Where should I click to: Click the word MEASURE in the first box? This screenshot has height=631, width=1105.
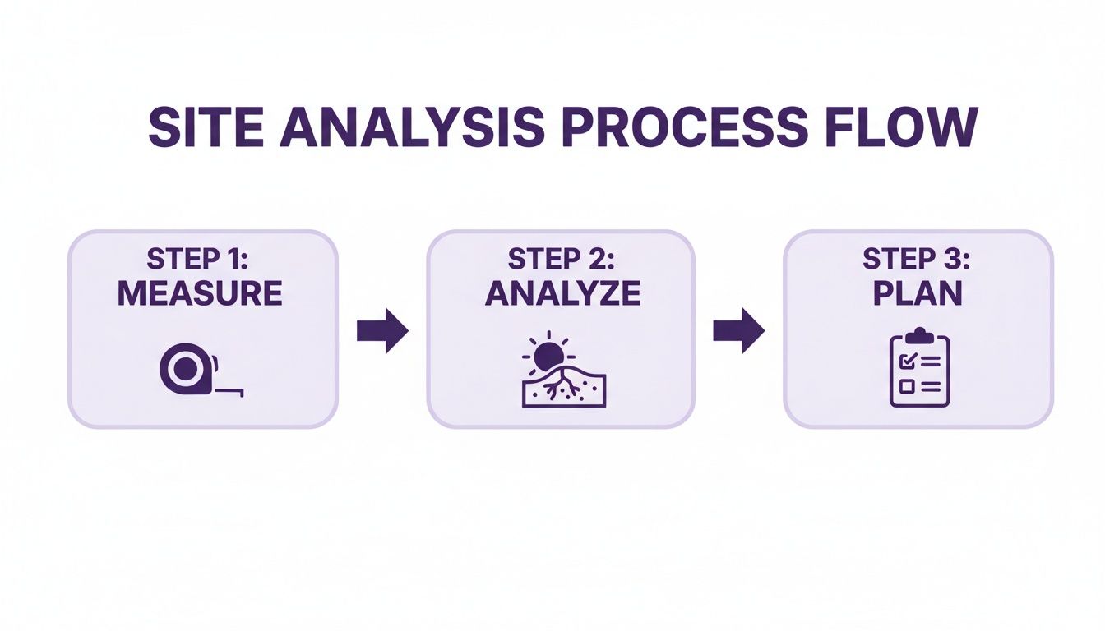coord(200,293)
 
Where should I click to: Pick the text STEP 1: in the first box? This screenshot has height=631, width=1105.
coord(200,260)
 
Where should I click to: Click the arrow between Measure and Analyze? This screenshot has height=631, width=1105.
coord(382,331)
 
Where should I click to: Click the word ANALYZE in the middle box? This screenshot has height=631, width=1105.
coord(562,293)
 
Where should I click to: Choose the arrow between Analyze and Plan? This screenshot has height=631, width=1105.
coord(738,331)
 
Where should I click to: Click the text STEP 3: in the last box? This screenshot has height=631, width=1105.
coord(917,260)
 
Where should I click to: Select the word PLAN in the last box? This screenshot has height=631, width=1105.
coord(917,293)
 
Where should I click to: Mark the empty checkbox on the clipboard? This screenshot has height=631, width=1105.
coord(906,385)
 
